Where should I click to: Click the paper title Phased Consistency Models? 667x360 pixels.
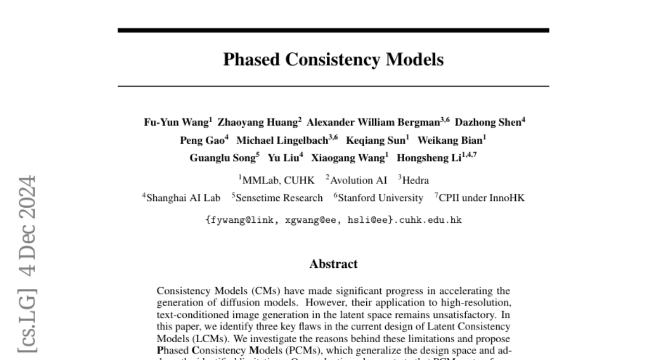click(x=333, y=59)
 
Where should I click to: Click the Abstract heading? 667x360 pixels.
click(x=333, y=264)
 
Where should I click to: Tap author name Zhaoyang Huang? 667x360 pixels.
click(x=257, y=123)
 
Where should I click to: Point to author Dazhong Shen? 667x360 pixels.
click(x=487, y=123)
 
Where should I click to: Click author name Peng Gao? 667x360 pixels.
click(x=202, y=141)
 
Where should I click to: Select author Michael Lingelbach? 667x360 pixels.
click(x=282, y=141)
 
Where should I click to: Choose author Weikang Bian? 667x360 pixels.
click(x=450, y=141)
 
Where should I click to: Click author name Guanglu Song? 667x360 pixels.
click(x=222, y=158)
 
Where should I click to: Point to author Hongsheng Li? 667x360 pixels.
click(x=429, y=158)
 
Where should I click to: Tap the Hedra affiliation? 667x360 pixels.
click(x=415, y=180)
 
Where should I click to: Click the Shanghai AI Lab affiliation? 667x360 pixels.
click(x=183, y=198)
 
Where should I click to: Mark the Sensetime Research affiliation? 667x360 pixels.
click(x=278, y=198)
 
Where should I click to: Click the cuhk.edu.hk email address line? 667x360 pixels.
click(x=333, y=219)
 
